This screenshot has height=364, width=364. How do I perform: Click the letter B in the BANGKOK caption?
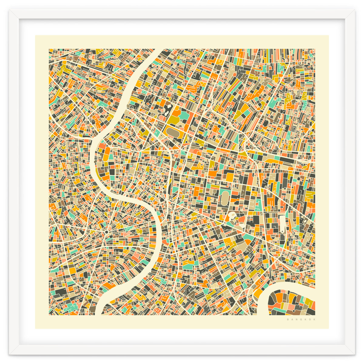pos(287,319)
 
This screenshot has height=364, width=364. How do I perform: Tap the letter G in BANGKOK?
pos(300,319)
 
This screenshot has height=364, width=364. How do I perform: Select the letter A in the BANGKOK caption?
pos(291,319)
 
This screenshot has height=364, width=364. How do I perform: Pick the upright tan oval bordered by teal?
pos(225,197)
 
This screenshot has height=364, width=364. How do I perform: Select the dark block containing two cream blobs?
pos(166,110)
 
